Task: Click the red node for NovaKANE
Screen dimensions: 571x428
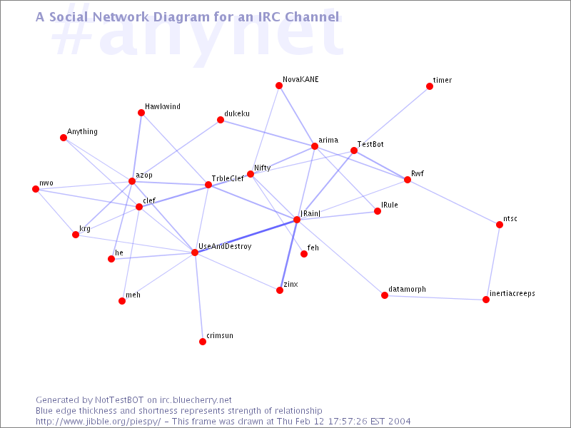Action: tap(279, 86)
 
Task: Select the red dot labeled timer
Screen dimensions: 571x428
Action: tap(430, 86)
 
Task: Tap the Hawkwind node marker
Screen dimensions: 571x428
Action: tap(141, 113)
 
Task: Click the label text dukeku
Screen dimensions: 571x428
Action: tap(237, 113)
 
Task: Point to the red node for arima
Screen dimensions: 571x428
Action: tap(315, 146)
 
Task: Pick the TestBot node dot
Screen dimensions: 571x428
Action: tap(354, 151)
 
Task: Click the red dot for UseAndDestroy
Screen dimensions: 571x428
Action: tap(195, 253)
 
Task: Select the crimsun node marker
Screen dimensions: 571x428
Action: tap(203, 342)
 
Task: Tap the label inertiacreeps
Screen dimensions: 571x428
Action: tap(512, 293)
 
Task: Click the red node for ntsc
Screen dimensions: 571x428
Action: tap(500, 225)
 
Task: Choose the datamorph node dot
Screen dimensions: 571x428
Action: tap(385, 295)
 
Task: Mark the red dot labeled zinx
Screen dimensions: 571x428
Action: tap(280, 290)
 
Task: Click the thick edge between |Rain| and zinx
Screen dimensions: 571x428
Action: tap(288, 255)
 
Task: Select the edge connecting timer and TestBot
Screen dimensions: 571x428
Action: tap(392, 118)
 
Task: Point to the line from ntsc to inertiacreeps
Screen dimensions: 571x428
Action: tap(492, 262)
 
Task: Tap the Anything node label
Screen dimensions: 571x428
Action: tap(82, 132)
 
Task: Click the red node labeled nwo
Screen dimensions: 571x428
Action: tap(36, 189)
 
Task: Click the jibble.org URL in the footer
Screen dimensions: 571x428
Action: tap(98, 422)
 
